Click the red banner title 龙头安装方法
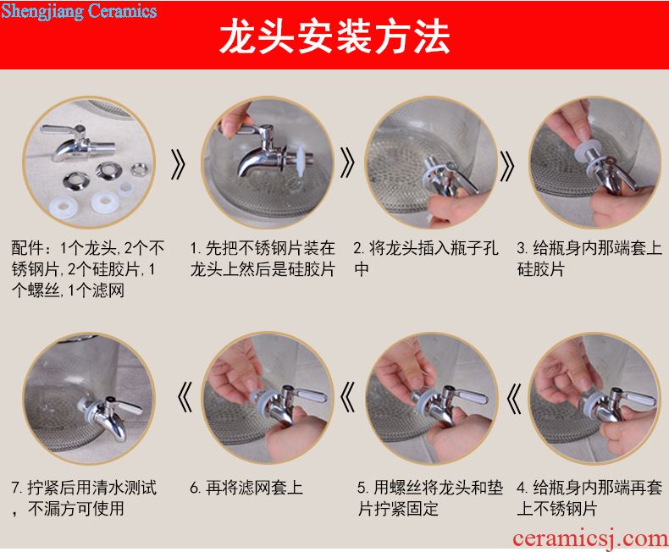tap(334, 37)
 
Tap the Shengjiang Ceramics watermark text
tap(79, 12)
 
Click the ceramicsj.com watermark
tap(590, 539)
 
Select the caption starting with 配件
tap(87, 269)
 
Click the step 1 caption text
tap(263, 258)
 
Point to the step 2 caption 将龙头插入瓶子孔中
tap(426, 258)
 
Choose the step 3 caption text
tap(589, 258)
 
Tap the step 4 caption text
tap(589, 498)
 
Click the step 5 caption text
tap(430, 498)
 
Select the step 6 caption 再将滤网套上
tap(246, 488)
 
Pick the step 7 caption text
tap(84, 498)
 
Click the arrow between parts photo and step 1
tap(178, 164)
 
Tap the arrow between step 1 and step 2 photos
tap(347, 163)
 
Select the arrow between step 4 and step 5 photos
tap(514, 399)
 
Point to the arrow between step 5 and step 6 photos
tap(347, 397)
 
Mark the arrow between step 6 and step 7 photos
tap(185, 397)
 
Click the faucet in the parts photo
tap(78, 143)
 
